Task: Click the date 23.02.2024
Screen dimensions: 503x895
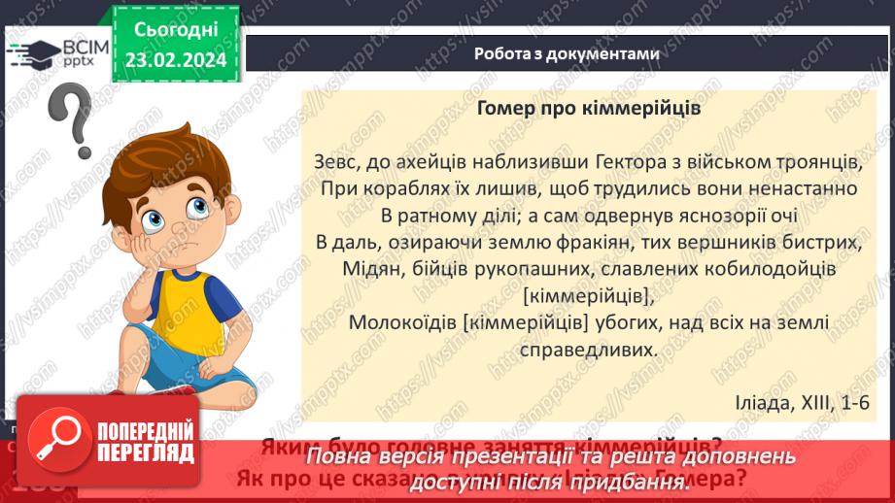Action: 175,59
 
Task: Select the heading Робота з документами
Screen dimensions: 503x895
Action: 568,54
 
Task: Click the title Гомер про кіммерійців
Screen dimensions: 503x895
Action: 589,109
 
